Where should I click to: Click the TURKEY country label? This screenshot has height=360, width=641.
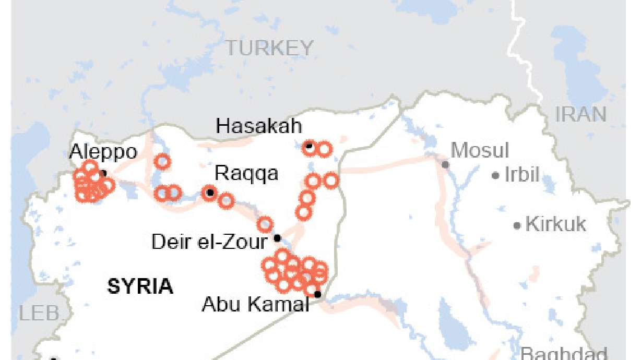pyautogui.click(x=269, y=48)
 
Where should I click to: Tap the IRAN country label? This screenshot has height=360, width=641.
pyautogui.click(x=580, y=114)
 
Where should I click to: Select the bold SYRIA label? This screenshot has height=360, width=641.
pyautogui.click(x=140, y=286)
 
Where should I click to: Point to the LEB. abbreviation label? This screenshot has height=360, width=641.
pyautogui.click(x=40, y=314)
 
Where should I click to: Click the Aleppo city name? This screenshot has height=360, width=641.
pyautogui.click(x=103, y=152)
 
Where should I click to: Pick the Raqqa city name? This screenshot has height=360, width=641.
pyautogui.click(x=246, y=174)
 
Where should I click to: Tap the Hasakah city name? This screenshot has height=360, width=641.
pyautogui.click(x=259, y=126)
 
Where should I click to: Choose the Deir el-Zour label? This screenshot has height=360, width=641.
pyautogui.click(x=209, y=242)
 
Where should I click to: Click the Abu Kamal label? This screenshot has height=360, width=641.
pyautogui.click(x=255, y=304)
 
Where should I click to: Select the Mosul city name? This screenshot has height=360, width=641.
pyautogui.click(x=480, y=150)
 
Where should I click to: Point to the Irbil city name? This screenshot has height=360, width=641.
pyautogui.click(x=521, y=175)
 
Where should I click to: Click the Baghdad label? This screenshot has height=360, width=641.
pyautogui.click(x=564, y=353)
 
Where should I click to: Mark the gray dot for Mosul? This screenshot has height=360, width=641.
pyautogui.click(x=445, y=165)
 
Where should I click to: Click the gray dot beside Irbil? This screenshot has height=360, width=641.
pyautogui.click(x=495, y=176)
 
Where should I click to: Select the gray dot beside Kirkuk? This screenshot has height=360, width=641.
pyautogui.click(x=517, y=226)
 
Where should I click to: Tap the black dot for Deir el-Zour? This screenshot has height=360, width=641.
pyautogui.click(x=278, y=238)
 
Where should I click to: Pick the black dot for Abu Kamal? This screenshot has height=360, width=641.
pyautogui.click(x=317, y=295)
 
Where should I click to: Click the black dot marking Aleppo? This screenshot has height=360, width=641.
pyautogui.click(x=103, y=173)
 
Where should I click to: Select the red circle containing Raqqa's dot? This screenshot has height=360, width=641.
pyautogui.click(x=210, y=193)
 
